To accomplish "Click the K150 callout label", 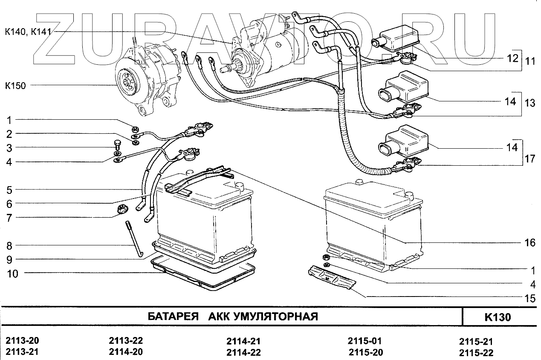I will pos(15,86).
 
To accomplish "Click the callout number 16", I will pos(529,243).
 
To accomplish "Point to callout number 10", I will pos(13,274).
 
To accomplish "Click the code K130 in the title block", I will pos(498,317).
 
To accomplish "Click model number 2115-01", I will pos(365,341).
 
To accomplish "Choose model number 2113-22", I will pos(126,341).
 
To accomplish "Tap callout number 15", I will pos(529,299).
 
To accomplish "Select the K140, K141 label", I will pos(29,32).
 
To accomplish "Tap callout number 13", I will pos(529,103).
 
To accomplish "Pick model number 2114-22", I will pos(243,352).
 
